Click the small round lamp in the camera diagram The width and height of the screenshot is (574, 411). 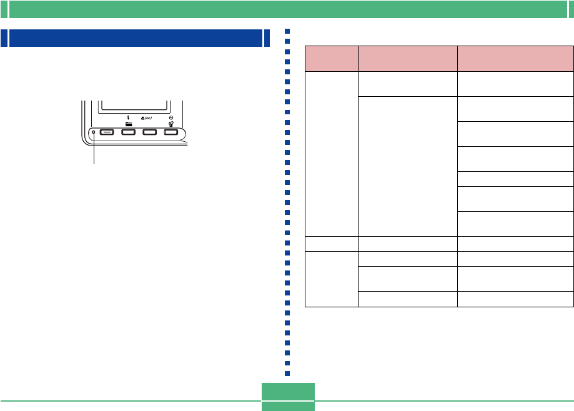point(94,132)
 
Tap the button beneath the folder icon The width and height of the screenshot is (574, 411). point(128,132)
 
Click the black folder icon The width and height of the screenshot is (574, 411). point(128,124)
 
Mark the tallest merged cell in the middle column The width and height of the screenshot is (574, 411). point(407,166)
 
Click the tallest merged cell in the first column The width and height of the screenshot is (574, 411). point(331,153)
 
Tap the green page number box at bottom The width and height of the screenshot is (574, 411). point(288,396)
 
